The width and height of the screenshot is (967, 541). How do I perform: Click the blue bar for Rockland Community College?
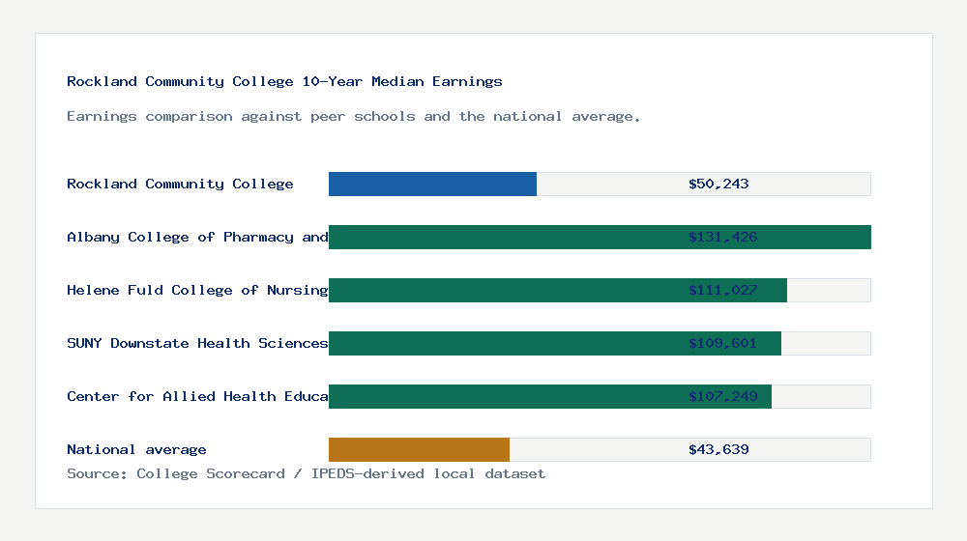click(x=432, y=184)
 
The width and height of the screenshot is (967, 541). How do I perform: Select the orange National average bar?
click(x=419, y=449)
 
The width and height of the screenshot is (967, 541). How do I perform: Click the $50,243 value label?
click(x=718, y=184)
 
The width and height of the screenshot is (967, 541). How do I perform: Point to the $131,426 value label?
click(x=722, y=237)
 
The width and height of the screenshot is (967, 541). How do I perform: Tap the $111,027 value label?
click(x=722, y=290)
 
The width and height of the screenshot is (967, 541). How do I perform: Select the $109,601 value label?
click(x=722, y=343)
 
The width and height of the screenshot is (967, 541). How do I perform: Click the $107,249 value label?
click(x=722, y=396)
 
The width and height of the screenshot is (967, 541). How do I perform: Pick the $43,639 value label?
click(x=718, y=449)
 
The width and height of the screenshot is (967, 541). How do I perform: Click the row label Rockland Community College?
click(x=180, y=184)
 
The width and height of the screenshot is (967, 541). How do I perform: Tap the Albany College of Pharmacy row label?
click(x=197, y=237)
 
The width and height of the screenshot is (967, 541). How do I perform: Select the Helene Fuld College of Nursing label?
click(x=197, y=290)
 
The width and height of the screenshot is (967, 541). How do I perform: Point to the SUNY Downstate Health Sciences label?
click(x=197, y=343)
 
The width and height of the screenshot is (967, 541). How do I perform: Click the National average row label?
click(x=136, y=449)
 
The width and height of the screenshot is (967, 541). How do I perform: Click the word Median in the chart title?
click(x=397, y=81)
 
